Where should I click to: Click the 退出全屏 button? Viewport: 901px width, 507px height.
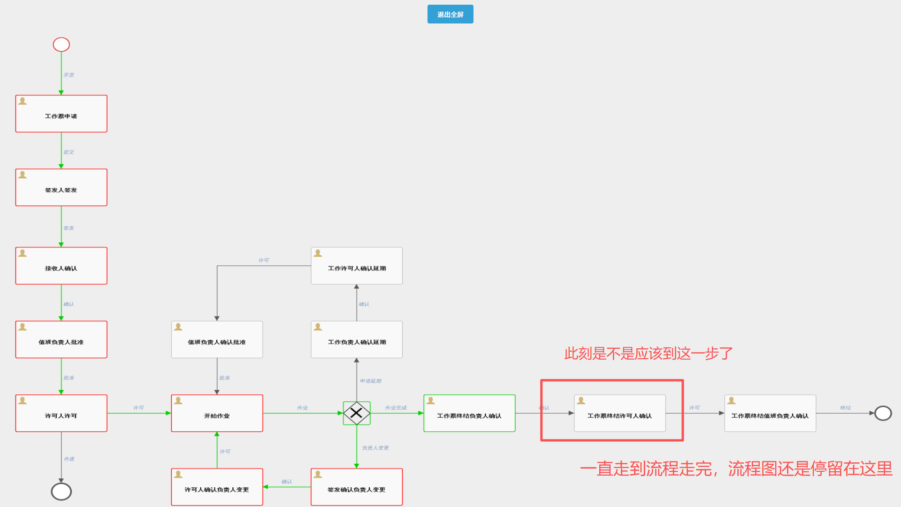[x=450, y=14]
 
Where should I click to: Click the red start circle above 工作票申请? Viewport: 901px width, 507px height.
[x=61, y=45]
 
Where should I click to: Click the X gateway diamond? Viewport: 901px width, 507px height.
[x=357, y=413]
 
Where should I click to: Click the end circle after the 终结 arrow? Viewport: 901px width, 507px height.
[x=883, y=413]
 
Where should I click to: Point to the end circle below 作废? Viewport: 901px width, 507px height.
[x=61, y=492]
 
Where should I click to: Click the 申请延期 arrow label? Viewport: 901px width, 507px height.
[x=371, y=381]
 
